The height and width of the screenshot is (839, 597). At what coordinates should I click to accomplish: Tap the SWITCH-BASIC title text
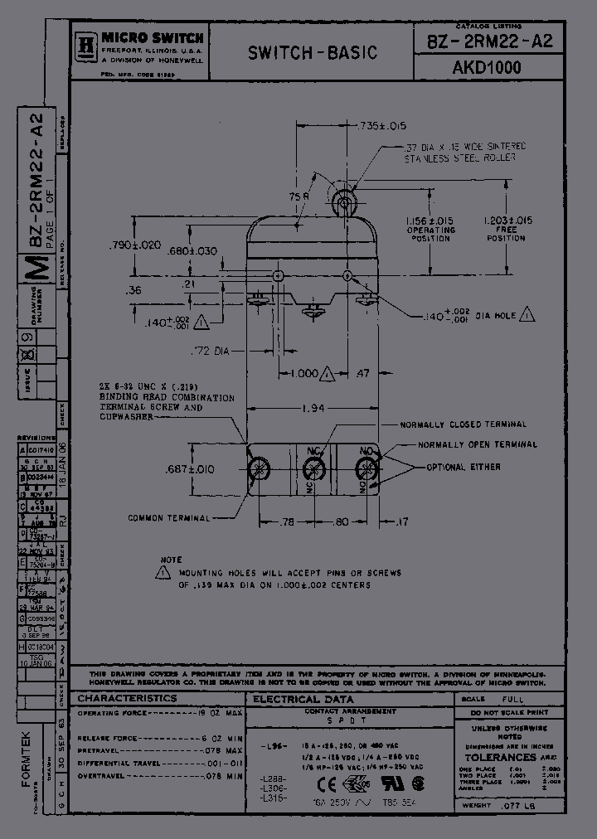[313, 53]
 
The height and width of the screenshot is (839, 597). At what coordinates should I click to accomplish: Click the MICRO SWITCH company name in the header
[153, 37]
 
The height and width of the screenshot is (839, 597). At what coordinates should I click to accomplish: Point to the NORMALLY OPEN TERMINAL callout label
[477, 445]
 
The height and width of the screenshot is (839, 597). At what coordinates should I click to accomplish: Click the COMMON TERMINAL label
[168, 518]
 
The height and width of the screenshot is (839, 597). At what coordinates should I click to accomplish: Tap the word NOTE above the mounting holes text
[171, 560]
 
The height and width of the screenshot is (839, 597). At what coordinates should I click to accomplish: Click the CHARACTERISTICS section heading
[128, 698]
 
